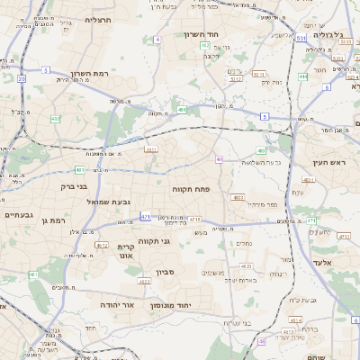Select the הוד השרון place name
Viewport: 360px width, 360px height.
click(202, 34)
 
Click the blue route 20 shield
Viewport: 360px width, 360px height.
click(20, 79)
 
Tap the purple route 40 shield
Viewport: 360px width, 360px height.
click(220, 159)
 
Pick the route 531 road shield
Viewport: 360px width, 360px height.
click(301, 40)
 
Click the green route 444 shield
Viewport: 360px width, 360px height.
click(302, 77)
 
